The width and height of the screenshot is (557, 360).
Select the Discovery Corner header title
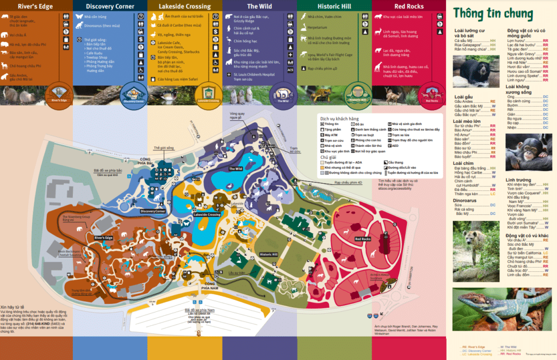[x=110, y=7]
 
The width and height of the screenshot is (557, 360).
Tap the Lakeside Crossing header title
[x=184, y=7]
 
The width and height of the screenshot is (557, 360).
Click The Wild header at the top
[x=259, y=7]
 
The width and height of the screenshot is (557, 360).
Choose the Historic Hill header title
[x=334, y=7]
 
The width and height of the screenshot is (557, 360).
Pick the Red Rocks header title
[x=409, y=7]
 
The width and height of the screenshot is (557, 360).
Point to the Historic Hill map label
[x=269, y=254]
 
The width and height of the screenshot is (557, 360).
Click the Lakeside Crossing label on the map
[x=207, y=215]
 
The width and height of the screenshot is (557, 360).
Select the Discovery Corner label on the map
[x=153, y=211]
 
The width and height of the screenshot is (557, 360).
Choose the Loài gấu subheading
[x=462, y=96]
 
